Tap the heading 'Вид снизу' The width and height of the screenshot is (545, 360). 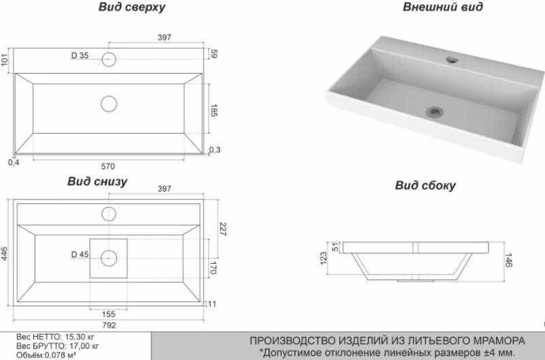pyautogui.click(x=97, y=182)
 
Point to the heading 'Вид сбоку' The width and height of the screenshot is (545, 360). pyautogui.click(x=426, y=185)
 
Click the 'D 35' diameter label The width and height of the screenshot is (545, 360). pyautogui.click(x=80, y=55)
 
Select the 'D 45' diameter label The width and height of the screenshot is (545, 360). pyautogui.click(x=80, y=255)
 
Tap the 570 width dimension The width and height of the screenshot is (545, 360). pyautogui.click(x=108, y=166)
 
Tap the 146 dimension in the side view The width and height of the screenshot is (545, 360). pyautogui.click(x=508, y=259)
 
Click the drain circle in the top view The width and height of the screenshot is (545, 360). pyautogui.click(x=108, y=104)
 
